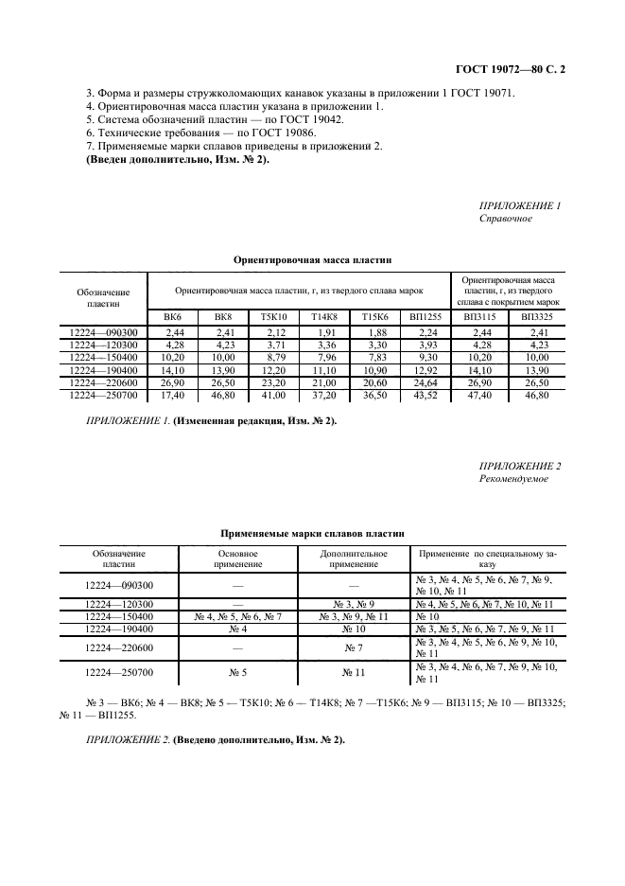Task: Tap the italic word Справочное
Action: click(506, 219)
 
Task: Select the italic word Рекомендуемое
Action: click(513, 478)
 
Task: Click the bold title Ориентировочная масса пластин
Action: click(312, 258)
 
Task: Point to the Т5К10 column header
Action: click(273, 318)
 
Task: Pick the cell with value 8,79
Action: click(273, 357)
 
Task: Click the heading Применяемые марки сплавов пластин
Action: click(312, 534)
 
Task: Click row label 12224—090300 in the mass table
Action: click(104, 332)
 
